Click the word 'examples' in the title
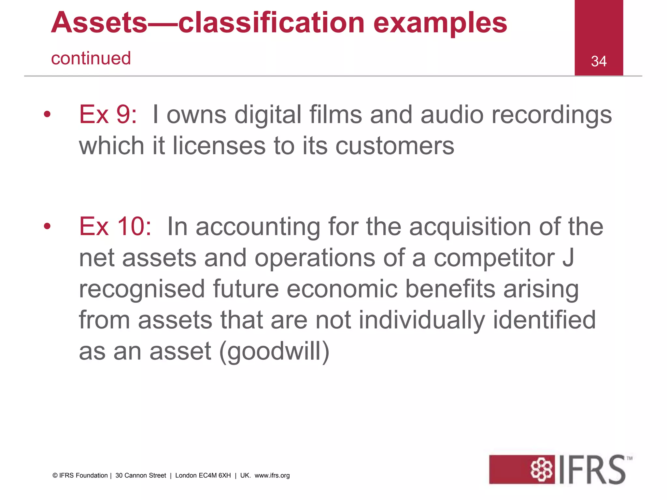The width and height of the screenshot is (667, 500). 440,23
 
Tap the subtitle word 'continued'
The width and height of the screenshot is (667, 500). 91,59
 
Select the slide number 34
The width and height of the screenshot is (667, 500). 599,61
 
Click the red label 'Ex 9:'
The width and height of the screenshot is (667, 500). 108,115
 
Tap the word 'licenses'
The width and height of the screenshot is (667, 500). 219,146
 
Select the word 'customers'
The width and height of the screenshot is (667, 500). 395,146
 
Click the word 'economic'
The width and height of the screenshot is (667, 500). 342,289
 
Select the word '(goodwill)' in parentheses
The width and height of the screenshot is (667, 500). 274,351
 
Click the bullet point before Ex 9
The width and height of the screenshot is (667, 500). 48,114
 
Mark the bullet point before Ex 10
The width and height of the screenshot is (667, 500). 48,226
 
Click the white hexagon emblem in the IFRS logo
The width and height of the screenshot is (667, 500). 542,470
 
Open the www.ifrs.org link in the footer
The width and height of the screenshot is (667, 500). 272,476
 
